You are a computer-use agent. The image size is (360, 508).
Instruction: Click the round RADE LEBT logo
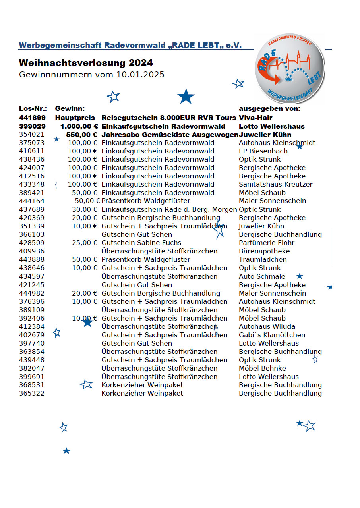(x=290, y=68)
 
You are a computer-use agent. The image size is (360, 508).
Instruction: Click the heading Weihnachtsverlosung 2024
(x=86, y=63)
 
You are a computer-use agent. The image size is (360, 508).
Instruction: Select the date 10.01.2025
(x=141, y=75)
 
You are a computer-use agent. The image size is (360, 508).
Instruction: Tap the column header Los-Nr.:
(x=33, y=108)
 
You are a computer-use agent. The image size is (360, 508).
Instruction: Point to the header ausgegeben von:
(x=269, y=108)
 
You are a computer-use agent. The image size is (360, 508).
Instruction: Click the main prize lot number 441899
(x=32, y=118)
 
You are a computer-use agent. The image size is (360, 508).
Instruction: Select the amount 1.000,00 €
(x=79, y=126)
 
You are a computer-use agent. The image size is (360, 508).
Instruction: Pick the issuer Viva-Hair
(x=255, y=118)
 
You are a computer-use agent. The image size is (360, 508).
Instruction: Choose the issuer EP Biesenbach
(x=263, y=151)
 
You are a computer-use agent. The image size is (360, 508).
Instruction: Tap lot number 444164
(x=32, y=201)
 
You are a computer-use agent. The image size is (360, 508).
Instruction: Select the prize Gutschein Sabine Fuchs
(x=141, y=243)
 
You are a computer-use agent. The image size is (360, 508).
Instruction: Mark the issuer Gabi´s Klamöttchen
(x=272, y=335)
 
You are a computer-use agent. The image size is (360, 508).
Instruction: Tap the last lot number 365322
(x=32, y=393)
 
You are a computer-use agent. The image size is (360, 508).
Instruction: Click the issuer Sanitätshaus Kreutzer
(x=276, y=184)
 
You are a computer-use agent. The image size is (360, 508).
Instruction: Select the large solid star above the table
(x=186, y=97)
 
